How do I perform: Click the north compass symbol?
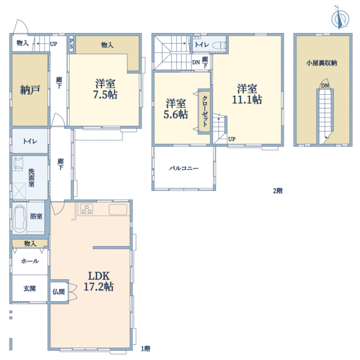[340, 17]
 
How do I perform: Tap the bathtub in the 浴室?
[19, 219]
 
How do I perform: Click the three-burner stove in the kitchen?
[87, 209]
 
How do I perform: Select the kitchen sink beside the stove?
[118, 209]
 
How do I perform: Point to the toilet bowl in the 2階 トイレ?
[219, 46]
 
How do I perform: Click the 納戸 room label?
[30, 90]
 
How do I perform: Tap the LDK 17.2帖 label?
[99, 281]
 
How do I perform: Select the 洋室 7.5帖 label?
[105, 89]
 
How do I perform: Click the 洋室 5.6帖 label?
[176, 109]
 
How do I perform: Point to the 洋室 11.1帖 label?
[247, 94]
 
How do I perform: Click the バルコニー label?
[184, 168]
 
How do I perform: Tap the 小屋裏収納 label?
[322, 63]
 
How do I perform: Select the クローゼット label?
[205, 111]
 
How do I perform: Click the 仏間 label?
[59, 292]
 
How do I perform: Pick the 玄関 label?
[29, 289]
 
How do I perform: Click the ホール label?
[30, 261]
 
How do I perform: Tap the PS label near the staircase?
[71, 44]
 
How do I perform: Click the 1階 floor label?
[146, 349]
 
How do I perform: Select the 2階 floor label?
[278, 191]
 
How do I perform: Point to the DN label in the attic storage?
[325, 86]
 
